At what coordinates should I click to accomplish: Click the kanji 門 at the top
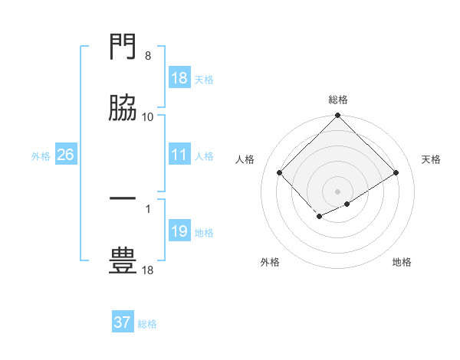tap(123, 49)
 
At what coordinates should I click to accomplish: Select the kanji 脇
tap(123, 110)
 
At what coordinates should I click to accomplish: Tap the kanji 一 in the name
tap(123, 199)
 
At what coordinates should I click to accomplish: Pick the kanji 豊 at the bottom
tap(123, 260)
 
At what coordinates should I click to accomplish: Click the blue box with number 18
tap(179, 78)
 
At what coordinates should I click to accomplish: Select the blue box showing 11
tap(179, 155)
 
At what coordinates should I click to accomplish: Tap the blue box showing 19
tap(179, 231)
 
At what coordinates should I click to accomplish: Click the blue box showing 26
tap(65, 155)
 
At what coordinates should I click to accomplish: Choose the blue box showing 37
tap(123, 322)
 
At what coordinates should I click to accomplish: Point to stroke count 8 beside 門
tap(148, 56)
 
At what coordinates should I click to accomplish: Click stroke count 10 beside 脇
tap(148, 116)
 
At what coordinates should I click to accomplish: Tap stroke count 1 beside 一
tap(148, 207)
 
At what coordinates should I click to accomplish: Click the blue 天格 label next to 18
tap(204, 79)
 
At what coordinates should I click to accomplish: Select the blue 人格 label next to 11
tap(204, 155)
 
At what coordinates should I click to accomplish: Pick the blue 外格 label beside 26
tap(41, 155)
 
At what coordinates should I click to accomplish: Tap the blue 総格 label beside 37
tap(147, 323)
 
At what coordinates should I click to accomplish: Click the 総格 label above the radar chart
tap(338, 100)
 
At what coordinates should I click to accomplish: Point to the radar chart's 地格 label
tap(402, 262)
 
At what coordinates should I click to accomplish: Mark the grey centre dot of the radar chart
tap(338, 191)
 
